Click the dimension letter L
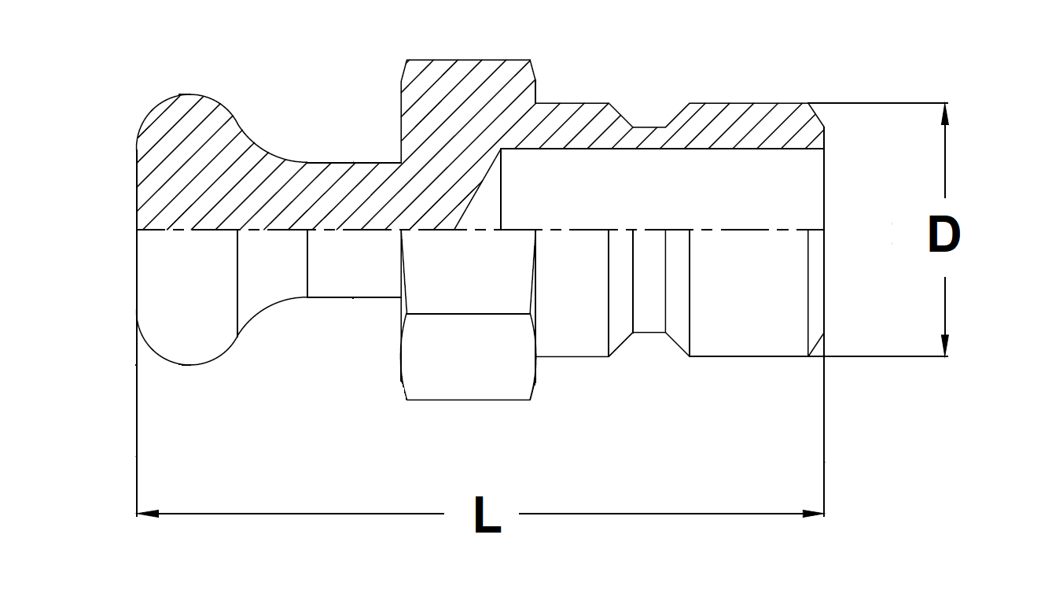tap(487, 515)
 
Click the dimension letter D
tap(944, 234)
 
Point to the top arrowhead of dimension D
tap(945, 114)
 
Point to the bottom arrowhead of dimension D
tap(945, 345)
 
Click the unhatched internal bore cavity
tap(660, 189)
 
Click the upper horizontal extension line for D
tap(881, 103)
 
